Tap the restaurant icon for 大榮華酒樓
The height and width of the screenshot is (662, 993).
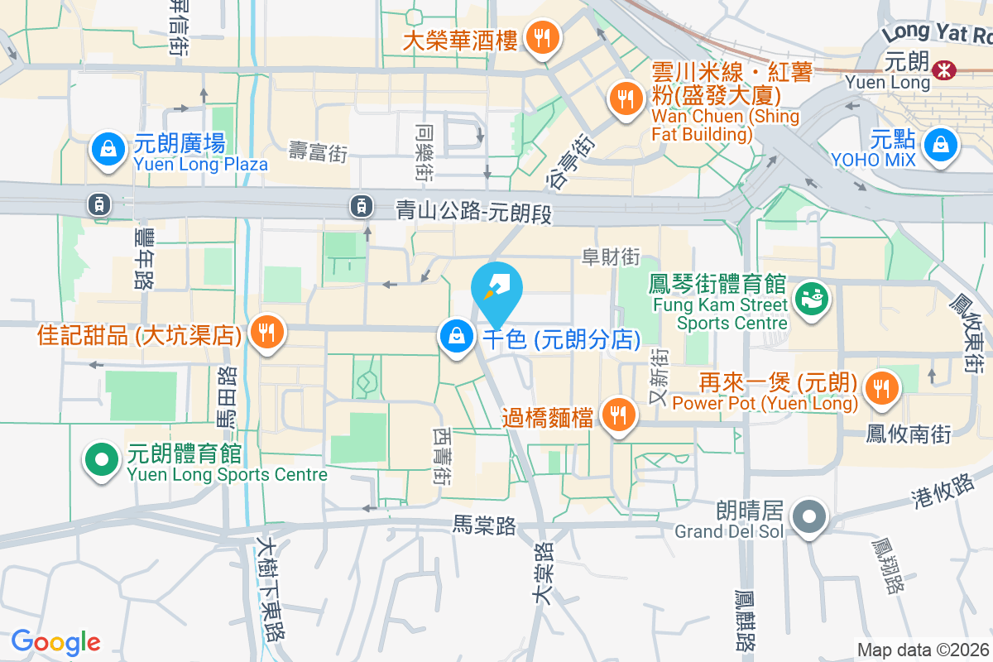click(542, 37)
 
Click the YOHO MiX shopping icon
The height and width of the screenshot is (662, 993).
click(941, 146)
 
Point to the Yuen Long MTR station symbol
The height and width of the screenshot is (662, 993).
click(942, 70)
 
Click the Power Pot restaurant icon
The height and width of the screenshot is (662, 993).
click(880, 387)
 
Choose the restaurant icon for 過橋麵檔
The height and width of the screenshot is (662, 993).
click(617, 415)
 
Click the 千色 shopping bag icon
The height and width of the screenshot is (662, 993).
click(456, 337)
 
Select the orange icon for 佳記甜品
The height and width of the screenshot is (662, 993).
click(266, 332)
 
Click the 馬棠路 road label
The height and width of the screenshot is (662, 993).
click(484, 525)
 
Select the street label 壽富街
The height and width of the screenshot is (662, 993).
click(318, 151)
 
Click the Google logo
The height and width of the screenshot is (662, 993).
click(55, 642)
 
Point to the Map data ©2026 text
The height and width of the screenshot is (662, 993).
click(923, 650)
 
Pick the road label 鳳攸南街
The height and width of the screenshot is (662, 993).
click(908, 432)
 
